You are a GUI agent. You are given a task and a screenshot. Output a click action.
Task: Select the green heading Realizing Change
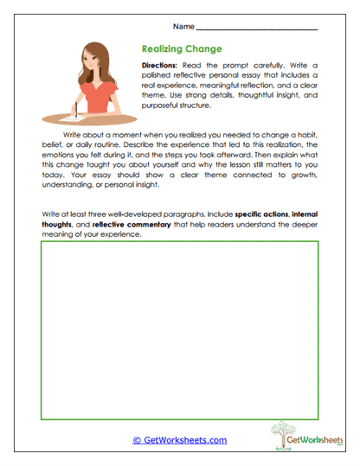181,49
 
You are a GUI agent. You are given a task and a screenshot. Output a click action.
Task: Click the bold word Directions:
161,66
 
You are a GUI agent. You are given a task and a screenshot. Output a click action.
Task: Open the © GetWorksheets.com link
179,440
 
